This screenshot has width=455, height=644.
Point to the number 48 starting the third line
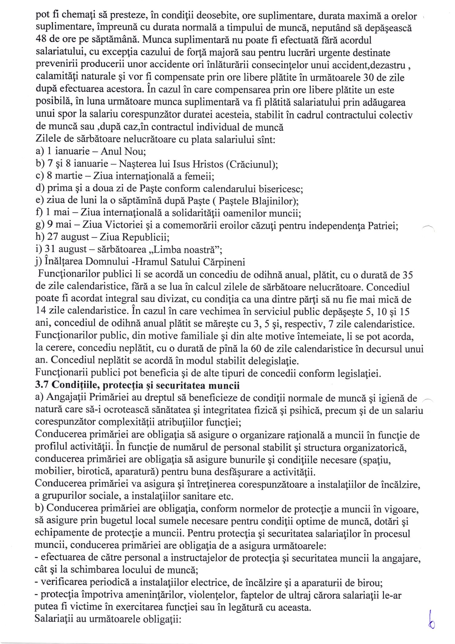point(42,40)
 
